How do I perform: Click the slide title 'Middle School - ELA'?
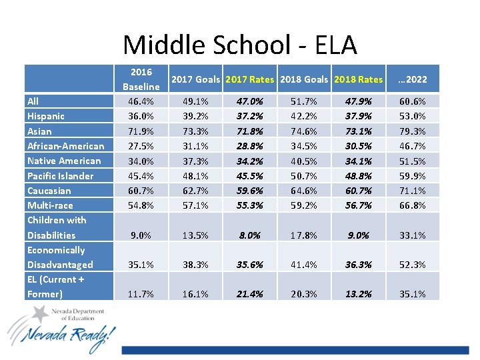point(240,45)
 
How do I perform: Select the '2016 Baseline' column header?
point(141,79)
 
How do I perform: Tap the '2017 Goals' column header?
point(195,79)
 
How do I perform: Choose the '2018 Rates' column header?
point(358,79)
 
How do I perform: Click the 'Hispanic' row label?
point(46,116)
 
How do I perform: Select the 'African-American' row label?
point(65,146)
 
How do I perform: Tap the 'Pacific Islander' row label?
point(60,176)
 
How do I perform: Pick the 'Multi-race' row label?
point(50,205)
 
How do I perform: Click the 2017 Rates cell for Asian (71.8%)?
point(249,131)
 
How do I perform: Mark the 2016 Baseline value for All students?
point(141,101)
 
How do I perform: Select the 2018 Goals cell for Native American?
point(304,161)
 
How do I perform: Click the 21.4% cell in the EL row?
point(249,294)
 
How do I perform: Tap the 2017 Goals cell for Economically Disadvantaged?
point(195,265)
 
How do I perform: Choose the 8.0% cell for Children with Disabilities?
point(249,235)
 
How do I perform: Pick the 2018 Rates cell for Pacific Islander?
point(358,176)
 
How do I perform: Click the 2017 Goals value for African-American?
point(195,146)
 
